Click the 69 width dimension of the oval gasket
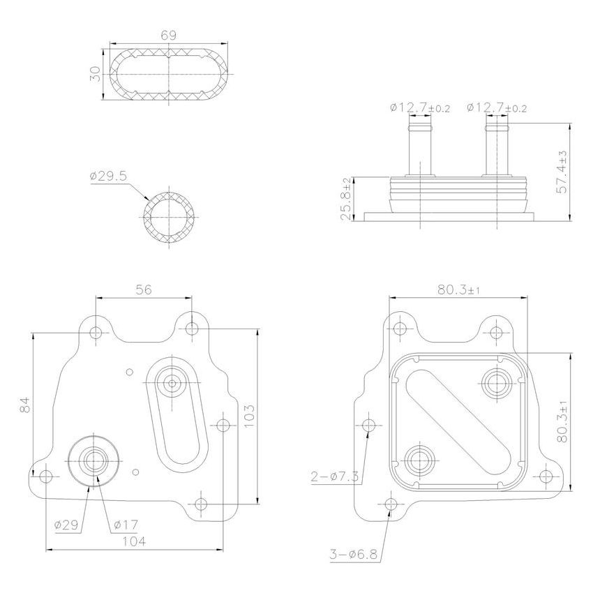[x=168, y=34]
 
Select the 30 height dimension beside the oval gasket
[x=96, y=74]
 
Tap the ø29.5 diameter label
[x=108, y=177]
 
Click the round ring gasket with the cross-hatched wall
[x=170, y=217]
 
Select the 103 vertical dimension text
[x=250, y=416]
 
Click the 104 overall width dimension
[x=134, y=542]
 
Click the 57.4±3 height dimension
[x=562, y=171]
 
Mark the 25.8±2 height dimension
[x=345, y=199]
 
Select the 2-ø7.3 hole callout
[x=335, y=476]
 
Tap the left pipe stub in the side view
[x=421, y=147]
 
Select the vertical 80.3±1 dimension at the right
[x=564, y=421]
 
